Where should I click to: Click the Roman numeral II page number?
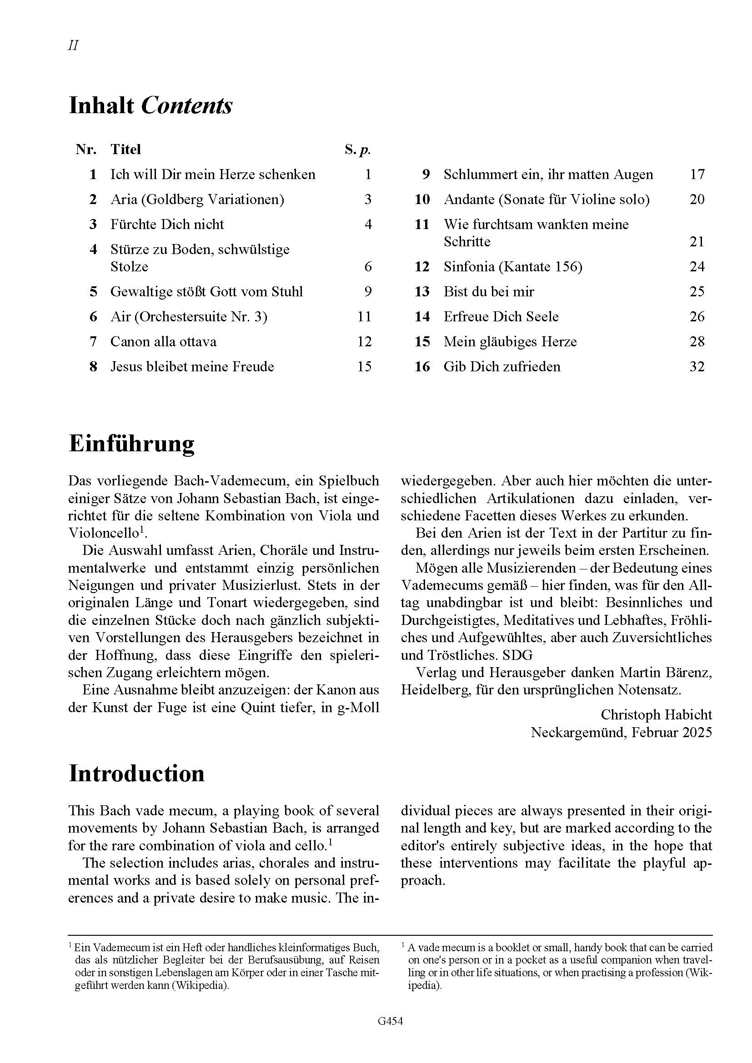pyautogui.click(x=73, y=45)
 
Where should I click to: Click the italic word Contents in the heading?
pyautogui.click(x=186, y=105)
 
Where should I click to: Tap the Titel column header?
pyautogui.click(x=125, y=149)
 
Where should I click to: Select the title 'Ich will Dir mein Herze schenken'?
pyautogui.click(x=212, y=175)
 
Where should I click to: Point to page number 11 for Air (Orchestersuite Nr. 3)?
pyautogui.click(x=365, y=317)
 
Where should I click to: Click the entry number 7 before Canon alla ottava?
pyautogui.click(x=93, y=342)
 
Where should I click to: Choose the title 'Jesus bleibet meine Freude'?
pyautogui.click(x=192, y=367)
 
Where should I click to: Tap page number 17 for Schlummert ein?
pyautogui.click(x=697, y=175)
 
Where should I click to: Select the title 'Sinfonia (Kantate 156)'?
pyautogui.click(x=513, y=267)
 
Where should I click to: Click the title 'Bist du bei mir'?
pyautogui.click(x=488, y=292)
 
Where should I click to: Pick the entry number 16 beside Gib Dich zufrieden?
pyautogui.click(x=422, y=367)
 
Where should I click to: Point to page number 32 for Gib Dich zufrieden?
pyautogui.click(x=697, y=367)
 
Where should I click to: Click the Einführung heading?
pyautogui.click(x=131, y=444)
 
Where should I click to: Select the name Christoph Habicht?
pyautogui.click(x=656, y=715)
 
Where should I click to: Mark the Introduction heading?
pyautogui.click(x=136, y=774)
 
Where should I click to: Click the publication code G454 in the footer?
pyautogui.click(x=390, y=1034)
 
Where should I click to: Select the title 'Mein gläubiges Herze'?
pyautogui.click(x=510, y=342)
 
